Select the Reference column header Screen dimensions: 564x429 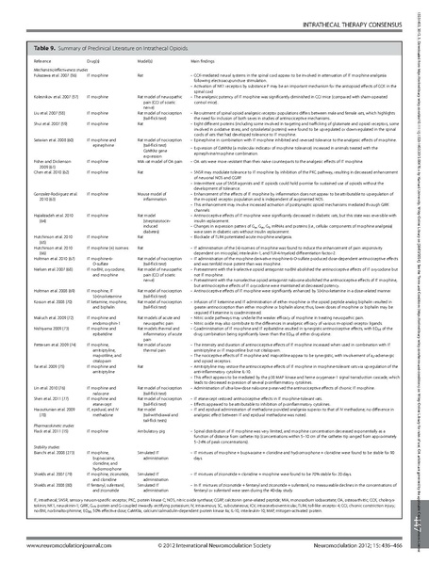click(x=48, y=56)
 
